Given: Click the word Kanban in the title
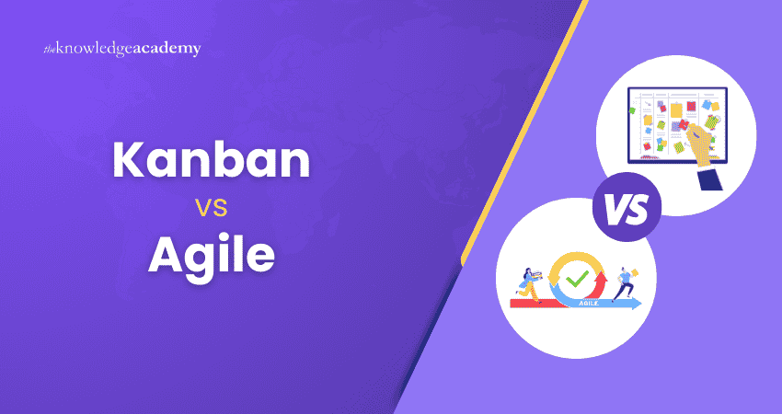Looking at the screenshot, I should pos(211,161).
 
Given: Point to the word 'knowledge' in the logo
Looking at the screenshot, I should pos(101,49).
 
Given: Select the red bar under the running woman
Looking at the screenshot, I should pos(529,303).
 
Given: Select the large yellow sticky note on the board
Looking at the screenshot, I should pos(677,109).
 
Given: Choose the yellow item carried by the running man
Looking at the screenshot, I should pos(637,271).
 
